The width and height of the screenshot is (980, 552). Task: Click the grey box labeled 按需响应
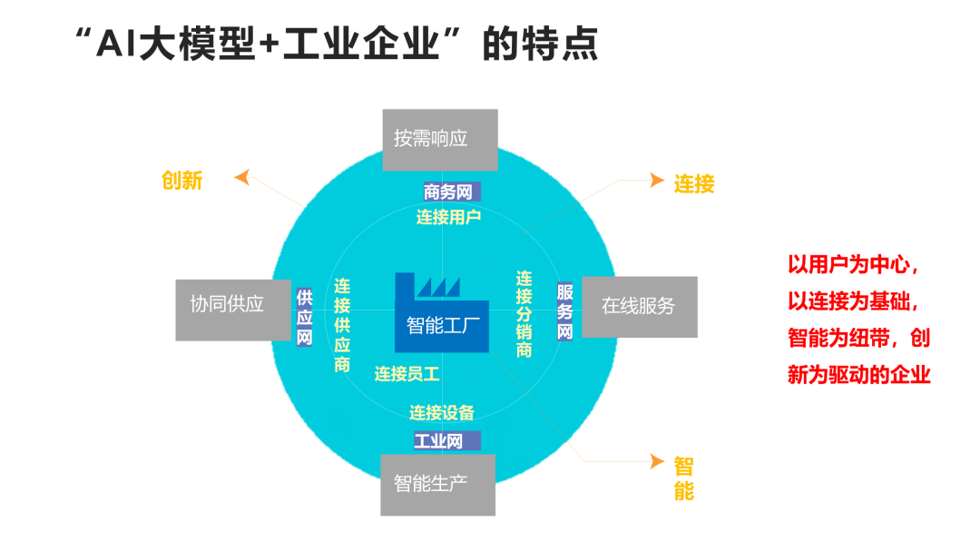[440, 139]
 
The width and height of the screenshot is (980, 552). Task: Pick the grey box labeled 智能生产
[438, 483]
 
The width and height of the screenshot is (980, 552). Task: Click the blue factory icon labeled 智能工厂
[441, 312]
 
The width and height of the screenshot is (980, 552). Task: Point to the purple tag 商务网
[448, 192]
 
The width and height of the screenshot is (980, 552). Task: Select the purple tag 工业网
[439, 441]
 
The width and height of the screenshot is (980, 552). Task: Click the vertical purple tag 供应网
[305, 317]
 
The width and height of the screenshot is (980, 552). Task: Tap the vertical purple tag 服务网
[565, 311]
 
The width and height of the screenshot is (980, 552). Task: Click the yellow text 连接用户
[448, 217]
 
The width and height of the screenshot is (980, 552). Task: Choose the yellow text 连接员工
[407, 373]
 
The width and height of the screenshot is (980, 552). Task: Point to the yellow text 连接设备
[442, 413]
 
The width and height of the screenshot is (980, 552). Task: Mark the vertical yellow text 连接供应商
[342, 325]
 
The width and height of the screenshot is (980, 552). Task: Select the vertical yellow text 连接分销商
[524, 314]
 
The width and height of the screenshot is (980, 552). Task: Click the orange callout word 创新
[182, 181]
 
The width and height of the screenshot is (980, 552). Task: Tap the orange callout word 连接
[694, 184]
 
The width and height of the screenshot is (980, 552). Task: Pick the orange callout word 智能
[684, 479]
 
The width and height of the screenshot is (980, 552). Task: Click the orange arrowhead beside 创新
[242, 176]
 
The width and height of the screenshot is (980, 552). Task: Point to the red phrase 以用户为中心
[853, 265]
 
